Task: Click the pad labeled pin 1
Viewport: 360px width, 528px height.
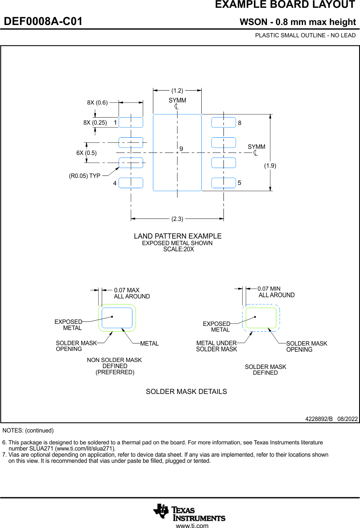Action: pos(131,122)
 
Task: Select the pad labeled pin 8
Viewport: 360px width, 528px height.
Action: pos(223,122)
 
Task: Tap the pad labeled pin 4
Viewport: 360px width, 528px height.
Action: pos(131,183)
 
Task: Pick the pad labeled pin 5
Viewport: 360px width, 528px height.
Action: pos(223,183)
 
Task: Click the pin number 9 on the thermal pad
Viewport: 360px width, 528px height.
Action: pos(181,148)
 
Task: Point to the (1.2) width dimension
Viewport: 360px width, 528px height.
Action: pos(177,91)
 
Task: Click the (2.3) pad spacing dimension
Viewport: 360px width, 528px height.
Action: pos(177,219)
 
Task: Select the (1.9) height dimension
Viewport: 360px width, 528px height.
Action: pos(270,166)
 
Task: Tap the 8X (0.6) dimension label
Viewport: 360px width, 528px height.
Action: pos(97,103)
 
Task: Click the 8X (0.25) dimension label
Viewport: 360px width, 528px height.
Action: pos(95,123)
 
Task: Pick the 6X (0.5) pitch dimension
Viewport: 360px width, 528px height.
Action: pos(87,153)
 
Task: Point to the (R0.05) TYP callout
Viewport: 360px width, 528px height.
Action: pos(84,176)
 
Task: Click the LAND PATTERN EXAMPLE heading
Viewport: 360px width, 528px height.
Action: pos(178,236)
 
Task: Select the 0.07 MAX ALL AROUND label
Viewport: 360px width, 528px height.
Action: pos(132,293)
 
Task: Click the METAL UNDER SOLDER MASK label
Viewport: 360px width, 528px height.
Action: pos(216,346)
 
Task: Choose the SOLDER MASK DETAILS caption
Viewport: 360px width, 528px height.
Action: pos(186,391)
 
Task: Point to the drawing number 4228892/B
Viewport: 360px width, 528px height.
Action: pos(319,419)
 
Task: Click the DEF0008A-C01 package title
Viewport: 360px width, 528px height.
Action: pos(43,22)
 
